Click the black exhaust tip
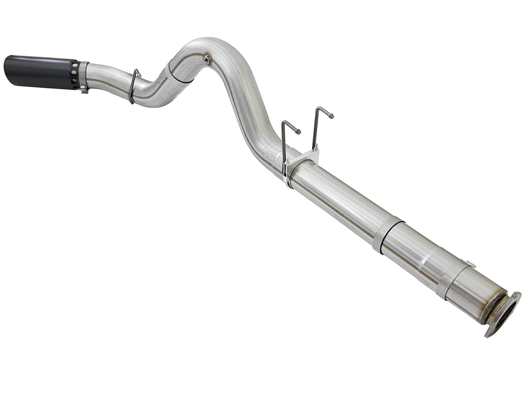(x=41, y=72)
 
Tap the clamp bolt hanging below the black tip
(x=84, y=90)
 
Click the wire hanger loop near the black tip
(x=133, y=86)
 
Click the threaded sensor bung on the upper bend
(x=207, y=59)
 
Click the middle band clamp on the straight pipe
(x=387, y=234)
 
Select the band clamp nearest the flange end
(x=451, y=278)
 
